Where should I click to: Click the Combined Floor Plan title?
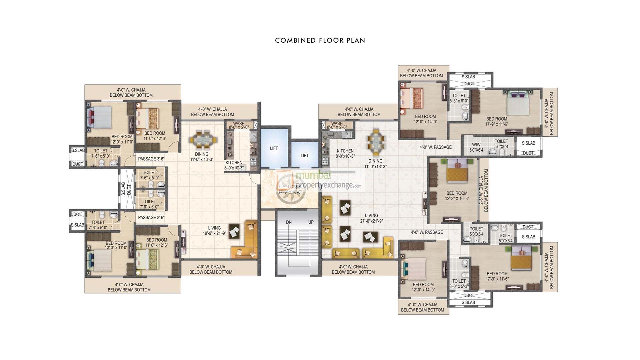point(320,40)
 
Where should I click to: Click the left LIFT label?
point(274,148)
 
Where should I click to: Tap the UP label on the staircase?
point(311,222)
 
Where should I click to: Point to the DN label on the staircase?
point(289,222)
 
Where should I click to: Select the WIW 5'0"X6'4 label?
point(476,147)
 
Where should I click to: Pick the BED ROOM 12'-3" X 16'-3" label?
point(457,196)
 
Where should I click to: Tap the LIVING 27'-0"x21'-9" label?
point(371,218)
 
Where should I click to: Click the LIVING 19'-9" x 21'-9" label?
point(214,231)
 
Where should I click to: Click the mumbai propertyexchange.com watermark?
point(320,180)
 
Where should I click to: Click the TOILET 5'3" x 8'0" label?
point(459,98)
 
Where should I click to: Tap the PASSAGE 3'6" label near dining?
point(151,159)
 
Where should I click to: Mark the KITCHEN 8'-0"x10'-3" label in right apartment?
point(345,153)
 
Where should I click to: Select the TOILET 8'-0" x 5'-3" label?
point(459,283)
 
